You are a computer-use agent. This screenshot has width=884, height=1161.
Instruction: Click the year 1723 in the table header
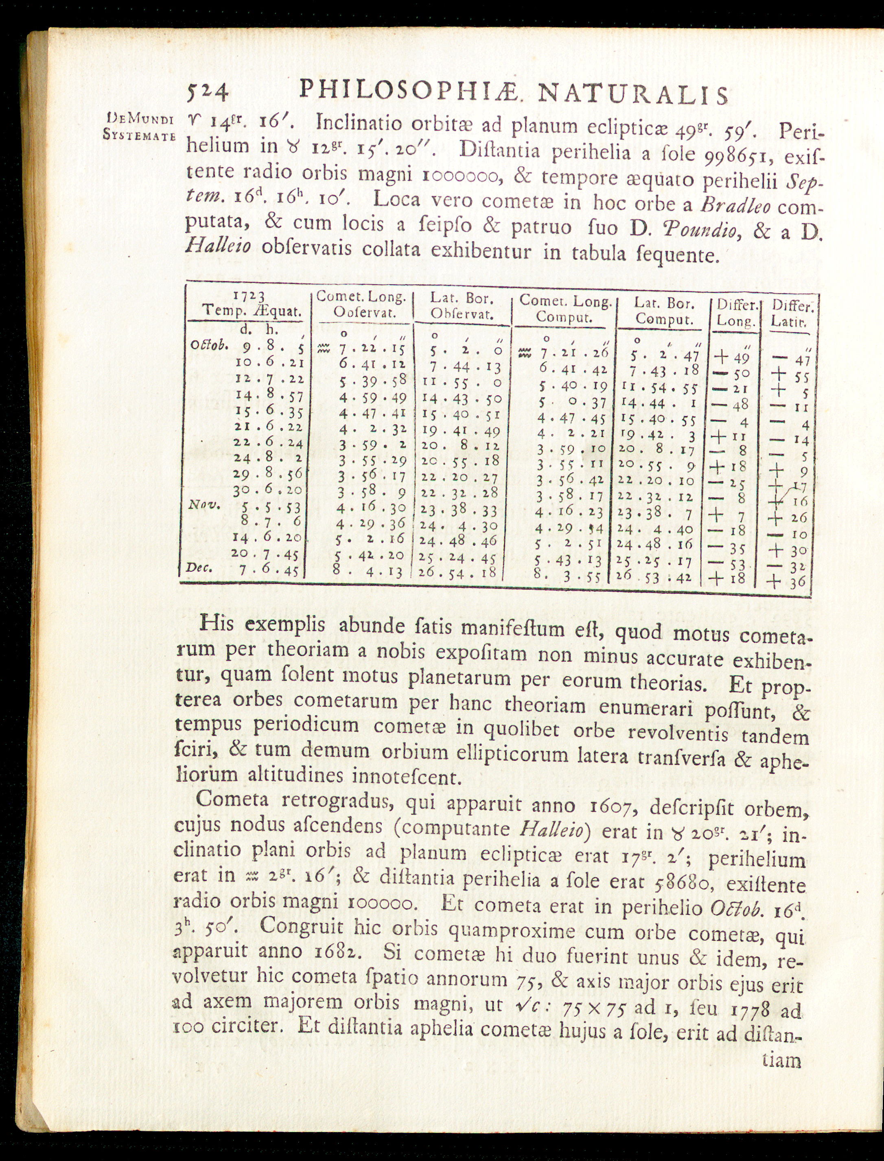[x=250, y=296]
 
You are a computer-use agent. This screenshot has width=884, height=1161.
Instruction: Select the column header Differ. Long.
[x=736, y=313]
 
